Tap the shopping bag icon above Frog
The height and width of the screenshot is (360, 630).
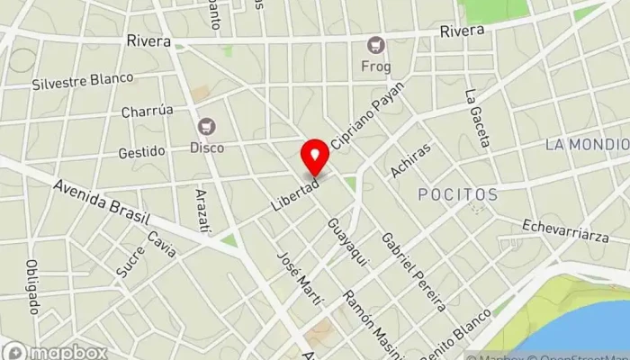pyautogui.click(x=375, y=45)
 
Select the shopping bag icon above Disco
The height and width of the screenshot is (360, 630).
pyautogui.click(x=208, y=127)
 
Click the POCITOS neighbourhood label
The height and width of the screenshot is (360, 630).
pyautogui.click(x=458, y=194)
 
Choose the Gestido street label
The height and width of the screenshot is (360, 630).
pyautogui.click(x=141, y=152)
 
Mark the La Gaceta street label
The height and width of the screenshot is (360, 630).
pyautogui.click(x=478, y=118)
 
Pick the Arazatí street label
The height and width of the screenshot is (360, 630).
pyautogui.click(x=203, y=212)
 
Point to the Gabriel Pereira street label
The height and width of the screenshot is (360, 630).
pyautogui.click(x=413, y=272)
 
